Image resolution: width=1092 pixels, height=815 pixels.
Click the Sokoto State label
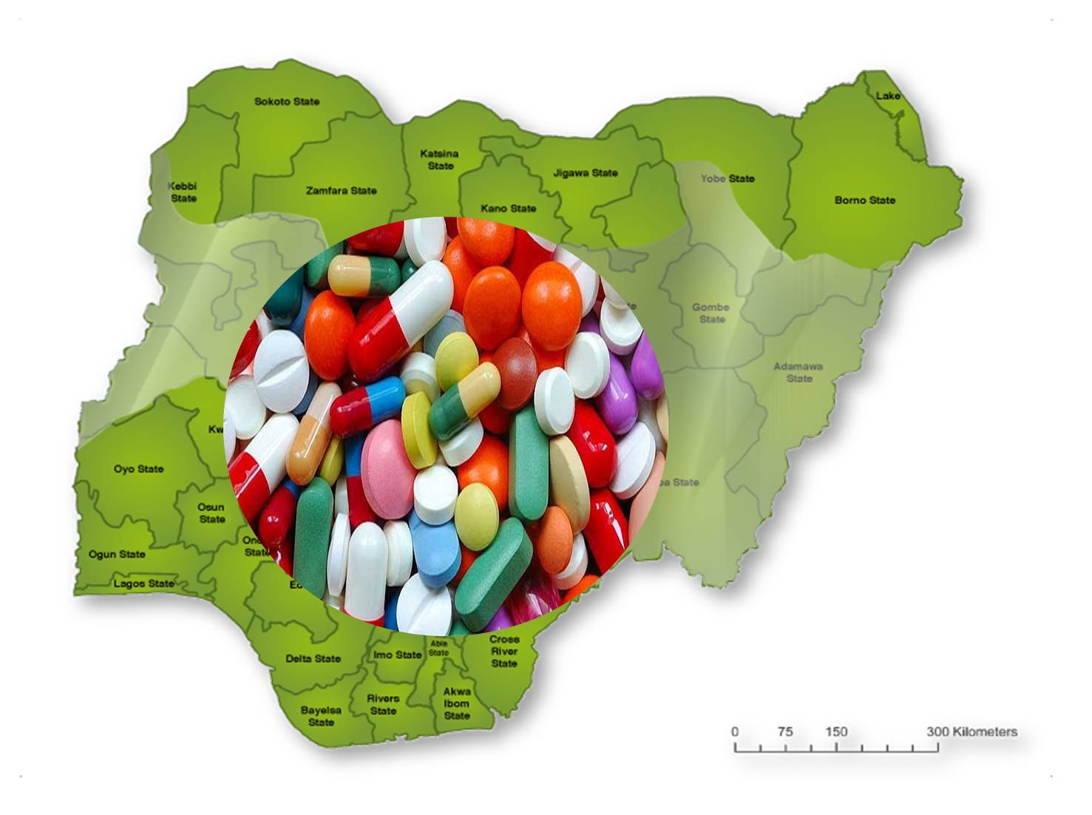coord(287,101)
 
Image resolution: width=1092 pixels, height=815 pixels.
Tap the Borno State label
coord(864,200)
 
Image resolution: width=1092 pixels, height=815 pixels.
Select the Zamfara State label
coord(341,191)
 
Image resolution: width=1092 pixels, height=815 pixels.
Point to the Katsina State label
coord(439,160)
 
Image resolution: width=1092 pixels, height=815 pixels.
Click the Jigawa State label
coord(585,173)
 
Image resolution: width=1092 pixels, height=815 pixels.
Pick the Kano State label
coord(508,209)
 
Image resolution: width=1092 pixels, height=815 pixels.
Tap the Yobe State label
coord(728,178)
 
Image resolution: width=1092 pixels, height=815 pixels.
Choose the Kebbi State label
coord(183,192)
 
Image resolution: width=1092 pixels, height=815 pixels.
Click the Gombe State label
coord(711,313)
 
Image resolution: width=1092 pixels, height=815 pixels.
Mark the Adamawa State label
coord(798,372)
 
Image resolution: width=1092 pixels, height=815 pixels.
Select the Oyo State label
coord(138,469)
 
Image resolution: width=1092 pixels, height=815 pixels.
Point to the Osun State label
coord(211,513)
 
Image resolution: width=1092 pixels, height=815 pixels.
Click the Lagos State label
coord(144,584)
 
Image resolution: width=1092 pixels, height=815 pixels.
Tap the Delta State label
coord(313,658)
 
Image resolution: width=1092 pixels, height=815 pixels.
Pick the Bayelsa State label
coord(321,716)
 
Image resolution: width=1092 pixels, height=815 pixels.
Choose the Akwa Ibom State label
coord(457,703)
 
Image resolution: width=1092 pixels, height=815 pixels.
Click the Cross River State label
coord(504,651)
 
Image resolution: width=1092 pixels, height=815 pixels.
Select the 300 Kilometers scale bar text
coord(971,731)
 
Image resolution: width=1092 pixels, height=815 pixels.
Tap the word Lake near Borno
coord(888,95)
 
